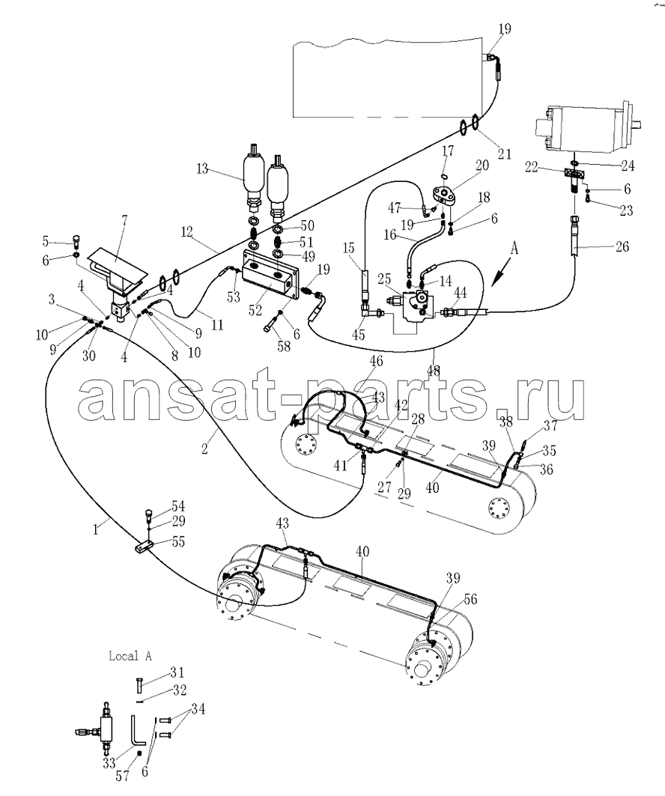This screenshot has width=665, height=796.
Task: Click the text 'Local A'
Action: tap(130, 657)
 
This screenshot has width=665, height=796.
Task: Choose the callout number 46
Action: tap(377, 362)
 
